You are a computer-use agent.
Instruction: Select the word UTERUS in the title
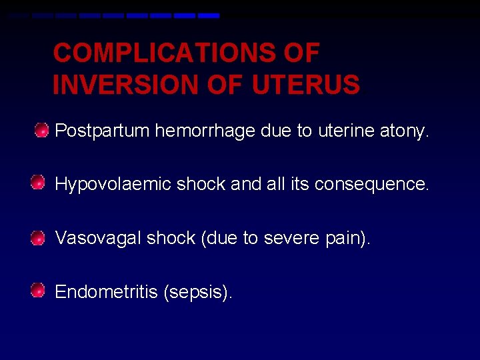306,85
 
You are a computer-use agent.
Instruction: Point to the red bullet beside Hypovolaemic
39,182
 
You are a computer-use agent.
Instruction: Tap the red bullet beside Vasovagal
39,236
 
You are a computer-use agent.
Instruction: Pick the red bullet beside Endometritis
39,290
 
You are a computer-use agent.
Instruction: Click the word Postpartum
102,131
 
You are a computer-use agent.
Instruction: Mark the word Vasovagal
97,238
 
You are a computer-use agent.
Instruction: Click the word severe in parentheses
288,238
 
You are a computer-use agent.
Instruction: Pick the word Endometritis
106,292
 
